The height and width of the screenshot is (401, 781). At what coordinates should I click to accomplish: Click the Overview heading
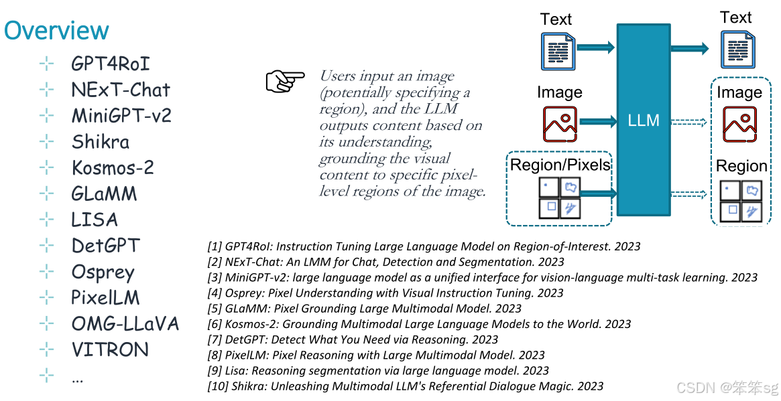(56, 31)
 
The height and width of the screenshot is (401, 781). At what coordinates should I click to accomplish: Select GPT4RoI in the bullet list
(111, 64)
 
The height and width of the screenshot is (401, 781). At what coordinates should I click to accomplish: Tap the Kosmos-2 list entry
(113, 167)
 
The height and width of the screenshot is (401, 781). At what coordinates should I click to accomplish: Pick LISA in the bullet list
(95, 220)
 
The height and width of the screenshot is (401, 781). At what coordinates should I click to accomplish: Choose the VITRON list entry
(110, 349)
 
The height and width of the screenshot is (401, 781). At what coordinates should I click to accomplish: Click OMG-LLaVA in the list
(125, 324)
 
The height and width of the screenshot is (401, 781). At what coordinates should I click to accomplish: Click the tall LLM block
(644, 121)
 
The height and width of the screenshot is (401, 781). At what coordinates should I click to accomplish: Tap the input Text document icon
(558, 51)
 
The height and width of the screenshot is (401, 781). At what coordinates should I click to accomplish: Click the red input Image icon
(560, 125)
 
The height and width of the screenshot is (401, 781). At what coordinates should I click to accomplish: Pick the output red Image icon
(739, 125)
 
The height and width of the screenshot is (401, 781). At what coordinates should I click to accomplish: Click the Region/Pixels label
(560, 165)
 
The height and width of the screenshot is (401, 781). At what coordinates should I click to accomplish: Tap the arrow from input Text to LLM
(595, 48)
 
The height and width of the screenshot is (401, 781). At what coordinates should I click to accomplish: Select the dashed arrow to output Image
(689, 122)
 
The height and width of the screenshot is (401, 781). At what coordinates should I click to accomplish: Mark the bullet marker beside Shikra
(46, 142)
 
